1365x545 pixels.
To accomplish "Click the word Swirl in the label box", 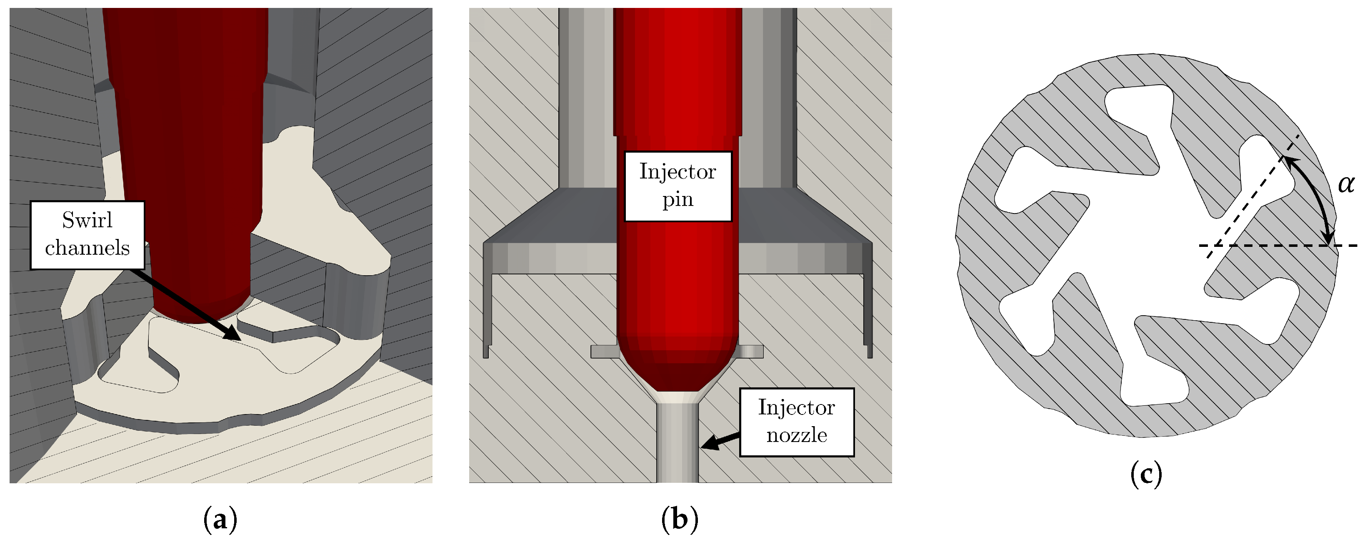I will [x=87, y=220].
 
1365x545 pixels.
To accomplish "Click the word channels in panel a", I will [x=87, y=248].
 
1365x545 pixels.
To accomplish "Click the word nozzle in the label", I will [x=796, y=435].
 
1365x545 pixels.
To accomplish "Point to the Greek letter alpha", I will [x=1346, y=184].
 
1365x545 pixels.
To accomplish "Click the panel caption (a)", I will [x=220, y=520].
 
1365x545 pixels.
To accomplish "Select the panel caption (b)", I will [x=680, y=520].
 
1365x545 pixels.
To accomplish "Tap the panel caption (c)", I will [x=1146, y=473].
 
